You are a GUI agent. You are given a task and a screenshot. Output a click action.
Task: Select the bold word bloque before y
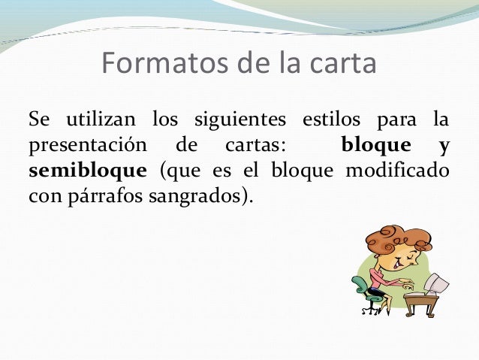375,144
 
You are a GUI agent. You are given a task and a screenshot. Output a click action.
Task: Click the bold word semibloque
88,170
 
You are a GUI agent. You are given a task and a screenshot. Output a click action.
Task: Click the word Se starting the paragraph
38,119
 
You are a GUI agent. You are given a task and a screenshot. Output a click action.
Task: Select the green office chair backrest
360,285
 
